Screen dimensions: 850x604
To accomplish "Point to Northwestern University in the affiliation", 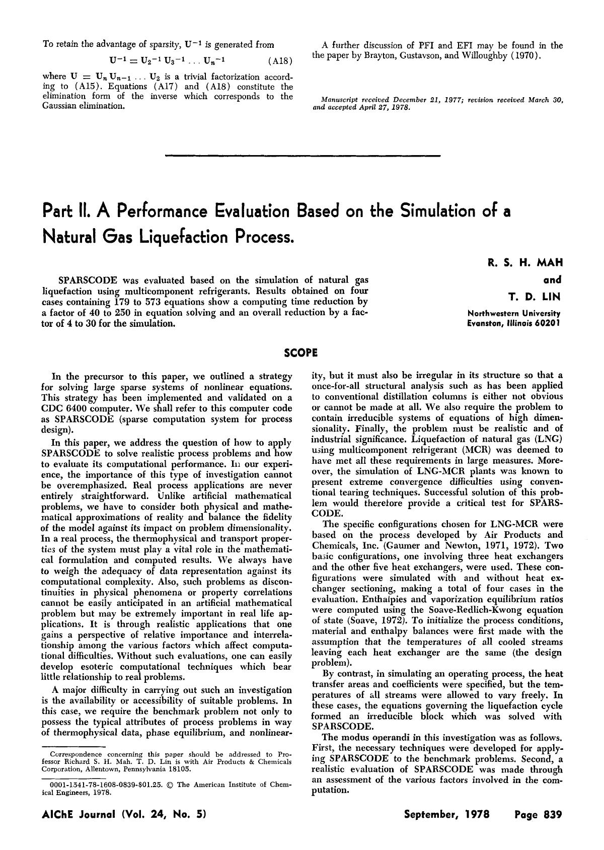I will tap(514, 313).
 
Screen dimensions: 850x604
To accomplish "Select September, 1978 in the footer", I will tap(447, 814).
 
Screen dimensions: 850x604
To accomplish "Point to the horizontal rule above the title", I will tap(302, 156).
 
